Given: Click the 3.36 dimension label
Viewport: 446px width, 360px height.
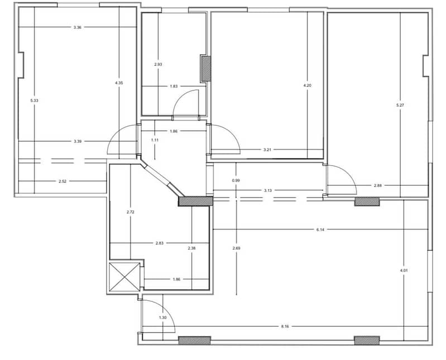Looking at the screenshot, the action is [78, 27].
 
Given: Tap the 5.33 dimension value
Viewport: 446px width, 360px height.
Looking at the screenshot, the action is [34, 100].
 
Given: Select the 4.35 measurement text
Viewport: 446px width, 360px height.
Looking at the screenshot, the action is [119, 83].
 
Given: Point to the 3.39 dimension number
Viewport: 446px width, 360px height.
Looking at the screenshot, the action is [78, 141].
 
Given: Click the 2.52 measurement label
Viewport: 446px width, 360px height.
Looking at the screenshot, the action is [63, 181].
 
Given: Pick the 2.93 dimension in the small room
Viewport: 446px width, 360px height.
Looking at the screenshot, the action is [158, 65].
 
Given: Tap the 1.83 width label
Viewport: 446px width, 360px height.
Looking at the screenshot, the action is [174, 86].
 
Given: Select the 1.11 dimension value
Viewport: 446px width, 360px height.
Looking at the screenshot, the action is [155, 140].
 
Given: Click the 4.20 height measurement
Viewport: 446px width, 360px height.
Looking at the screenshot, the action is [308, 85].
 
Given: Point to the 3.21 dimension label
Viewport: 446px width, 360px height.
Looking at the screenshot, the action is [267, 150].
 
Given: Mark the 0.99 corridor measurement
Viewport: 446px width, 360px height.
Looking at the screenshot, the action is [236, 180].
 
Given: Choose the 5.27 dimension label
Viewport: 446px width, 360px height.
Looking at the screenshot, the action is [400, 105].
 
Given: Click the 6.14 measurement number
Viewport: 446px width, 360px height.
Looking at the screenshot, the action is [320, 229].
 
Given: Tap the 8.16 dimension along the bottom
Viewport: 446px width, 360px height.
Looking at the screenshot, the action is [285, 327].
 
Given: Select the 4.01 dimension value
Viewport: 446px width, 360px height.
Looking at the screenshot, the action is [404, 271].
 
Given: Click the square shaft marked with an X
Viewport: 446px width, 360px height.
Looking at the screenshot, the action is [124, 277].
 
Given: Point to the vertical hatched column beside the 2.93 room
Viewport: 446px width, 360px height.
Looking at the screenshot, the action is [205, 68].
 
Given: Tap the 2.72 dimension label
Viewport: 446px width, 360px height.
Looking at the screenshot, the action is [130, 212].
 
